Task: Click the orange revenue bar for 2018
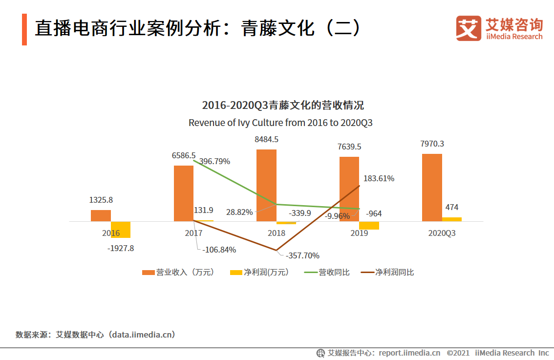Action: point(266,185)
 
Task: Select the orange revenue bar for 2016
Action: point(101,215)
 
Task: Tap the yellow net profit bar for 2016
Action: point(121,230)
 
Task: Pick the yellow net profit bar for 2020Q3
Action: point(451,219)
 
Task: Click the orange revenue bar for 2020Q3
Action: point(432,188)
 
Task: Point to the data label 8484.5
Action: point(266,139)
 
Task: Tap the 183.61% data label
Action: point(378,178)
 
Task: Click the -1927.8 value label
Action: point(120,248)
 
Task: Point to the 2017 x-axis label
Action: point(193,233)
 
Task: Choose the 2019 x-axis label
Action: point(359,233)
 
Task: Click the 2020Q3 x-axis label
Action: point(442,233)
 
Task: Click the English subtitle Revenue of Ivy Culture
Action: point(280,123)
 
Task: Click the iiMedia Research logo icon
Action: point(468,28)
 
